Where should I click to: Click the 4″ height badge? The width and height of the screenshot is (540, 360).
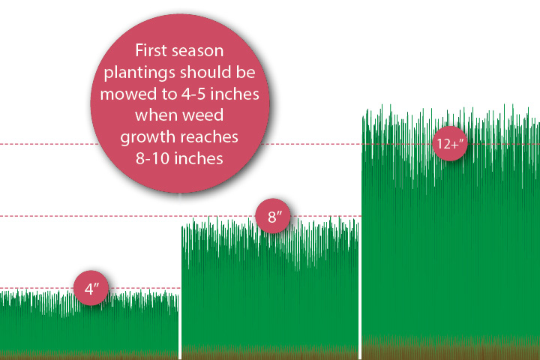[91, 288]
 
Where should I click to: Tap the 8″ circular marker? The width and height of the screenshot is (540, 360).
[273, 216]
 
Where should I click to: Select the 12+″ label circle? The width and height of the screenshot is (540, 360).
[450, 144]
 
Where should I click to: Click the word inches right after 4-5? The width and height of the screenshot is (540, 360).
[235, 94]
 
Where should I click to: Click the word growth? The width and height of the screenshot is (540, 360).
[142, 137]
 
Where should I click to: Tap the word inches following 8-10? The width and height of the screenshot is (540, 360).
[198, 158]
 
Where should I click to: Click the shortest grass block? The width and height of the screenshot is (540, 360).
[89, 325]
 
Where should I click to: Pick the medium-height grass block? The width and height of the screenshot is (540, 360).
[270, 289]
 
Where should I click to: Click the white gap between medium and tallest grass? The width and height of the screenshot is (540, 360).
[360, 289]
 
